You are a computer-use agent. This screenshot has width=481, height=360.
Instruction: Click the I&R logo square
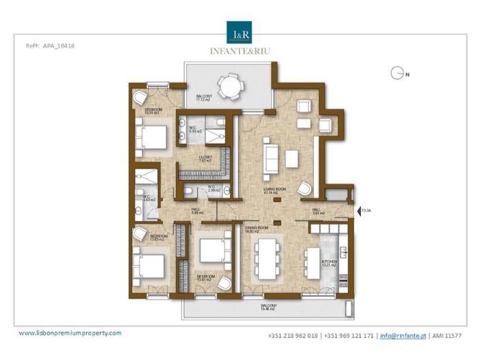240,31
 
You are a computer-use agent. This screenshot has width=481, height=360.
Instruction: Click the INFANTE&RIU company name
240,50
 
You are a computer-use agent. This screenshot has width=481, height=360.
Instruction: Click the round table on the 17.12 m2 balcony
229,86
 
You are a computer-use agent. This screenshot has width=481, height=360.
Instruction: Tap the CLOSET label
205,157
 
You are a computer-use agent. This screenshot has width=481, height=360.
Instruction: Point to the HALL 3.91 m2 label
317,211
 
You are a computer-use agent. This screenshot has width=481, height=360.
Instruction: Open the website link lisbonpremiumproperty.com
70,333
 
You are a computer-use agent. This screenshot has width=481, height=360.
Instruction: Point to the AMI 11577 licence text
448,336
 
